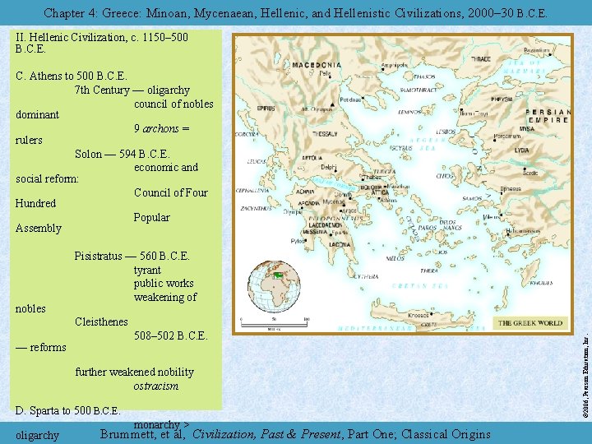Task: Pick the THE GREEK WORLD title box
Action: (530, 323)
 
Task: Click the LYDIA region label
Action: (523, 150)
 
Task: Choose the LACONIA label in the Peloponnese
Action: (317, 243)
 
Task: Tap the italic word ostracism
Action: (156, 385)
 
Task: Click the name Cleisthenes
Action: (101, 321)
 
